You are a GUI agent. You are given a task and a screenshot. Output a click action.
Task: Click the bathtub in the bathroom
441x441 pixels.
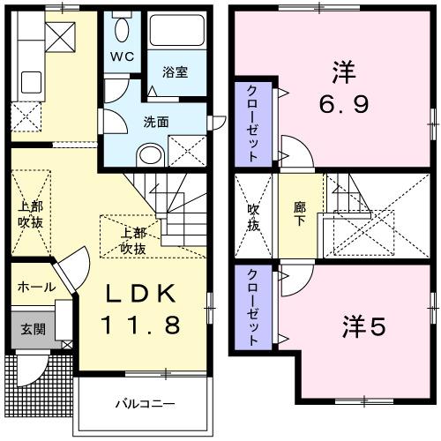(x=176, y=31)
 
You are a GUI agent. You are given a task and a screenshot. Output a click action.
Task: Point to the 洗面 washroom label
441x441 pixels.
(x=156, y=121)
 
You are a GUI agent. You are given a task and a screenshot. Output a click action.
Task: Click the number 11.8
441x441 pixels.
(x=143, y=325)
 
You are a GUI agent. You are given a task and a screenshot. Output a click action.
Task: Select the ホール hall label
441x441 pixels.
(x=36, y=288)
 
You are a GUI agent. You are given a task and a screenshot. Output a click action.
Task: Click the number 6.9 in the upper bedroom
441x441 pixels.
(x=343, y=104)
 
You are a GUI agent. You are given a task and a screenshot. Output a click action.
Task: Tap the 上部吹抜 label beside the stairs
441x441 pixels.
(x=133, y=241)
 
